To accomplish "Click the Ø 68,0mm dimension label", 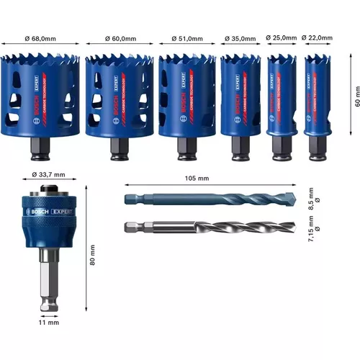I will coord(40,39).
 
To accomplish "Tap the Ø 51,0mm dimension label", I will coord(186,39).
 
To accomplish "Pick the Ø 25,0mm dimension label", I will coord(281,39).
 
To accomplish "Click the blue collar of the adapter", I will coord(44,216).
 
